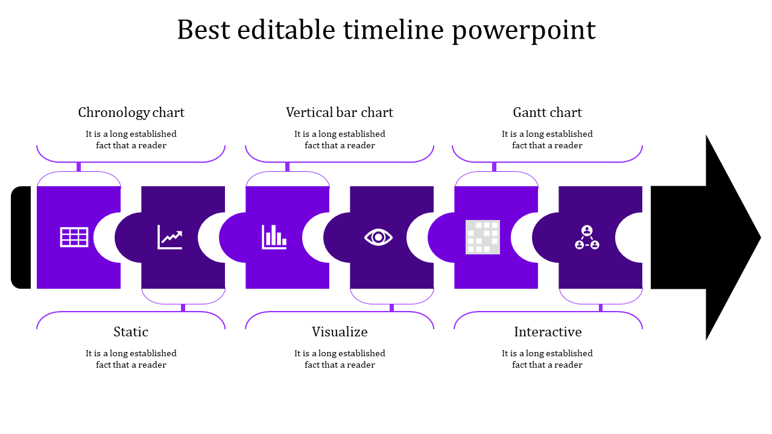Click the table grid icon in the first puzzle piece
[x=74, y=237]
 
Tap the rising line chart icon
[x=169, y=237]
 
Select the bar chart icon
[x=274, y=237]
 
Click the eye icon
[x=378, y=237]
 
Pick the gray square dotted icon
[x=482, y=237]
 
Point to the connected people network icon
[x=587, y=237]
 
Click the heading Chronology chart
[x=131, y=113]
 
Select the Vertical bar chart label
[x=340, y=113]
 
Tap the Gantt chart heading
[x=547, y=113]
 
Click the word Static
[x=131, y=332]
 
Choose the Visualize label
[x=340, y=332]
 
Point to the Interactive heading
[x=548, y=332]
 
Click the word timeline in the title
[x=395, y=30]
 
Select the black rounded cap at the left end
[x=21, y=237]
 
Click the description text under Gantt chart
[x=547, y=140]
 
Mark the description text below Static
[x=131, y=359]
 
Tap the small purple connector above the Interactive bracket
[x=601, y=308]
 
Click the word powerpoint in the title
[x=524, y=30]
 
